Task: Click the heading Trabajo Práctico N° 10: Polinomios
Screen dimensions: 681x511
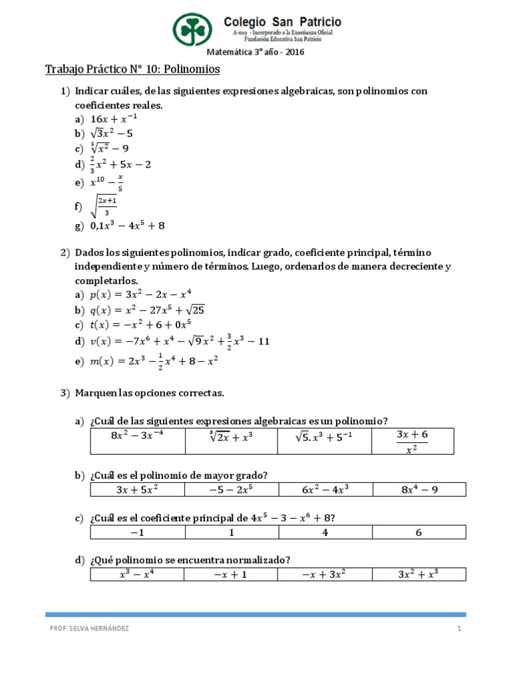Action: click(x=132, y=69)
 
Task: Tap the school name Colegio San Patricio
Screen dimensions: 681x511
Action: click(x=282, y=22)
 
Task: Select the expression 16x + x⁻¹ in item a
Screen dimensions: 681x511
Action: click(x=114, y=119)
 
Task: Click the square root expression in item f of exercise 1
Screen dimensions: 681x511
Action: click(x=105, y=207)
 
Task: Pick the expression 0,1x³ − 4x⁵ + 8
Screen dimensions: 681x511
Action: click(x=127, y=225)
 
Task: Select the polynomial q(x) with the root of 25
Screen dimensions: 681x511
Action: click(x=145, y=309)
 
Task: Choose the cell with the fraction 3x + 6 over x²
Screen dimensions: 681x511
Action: click(x=413, y=441)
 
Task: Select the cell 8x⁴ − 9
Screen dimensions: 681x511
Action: click(x=419, y=490)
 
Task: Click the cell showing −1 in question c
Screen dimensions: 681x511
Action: click(x=137, y=533)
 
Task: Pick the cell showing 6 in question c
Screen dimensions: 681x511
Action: click(x=419, y=533)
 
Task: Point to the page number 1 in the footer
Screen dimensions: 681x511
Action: click(x=459, y=629)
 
